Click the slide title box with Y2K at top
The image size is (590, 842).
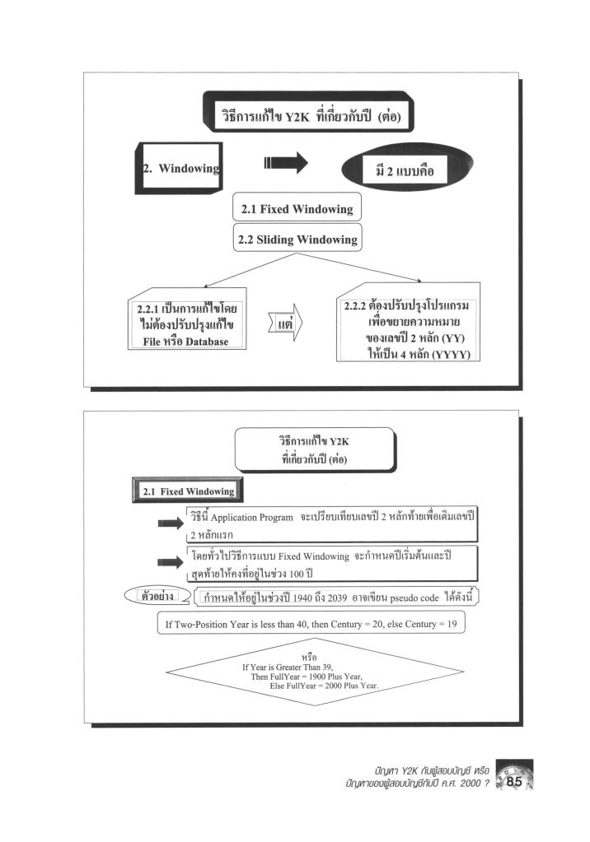[307, 117]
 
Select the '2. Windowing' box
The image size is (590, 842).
[182, 168]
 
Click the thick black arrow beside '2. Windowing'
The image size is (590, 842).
[285, 163]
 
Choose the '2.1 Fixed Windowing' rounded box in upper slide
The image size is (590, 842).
[297, 209]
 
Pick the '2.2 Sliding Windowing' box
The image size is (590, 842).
[297, 240]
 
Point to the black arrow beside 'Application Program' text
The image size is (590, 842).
[171, 523]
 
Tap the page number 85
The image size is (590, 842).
[513, 781]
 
